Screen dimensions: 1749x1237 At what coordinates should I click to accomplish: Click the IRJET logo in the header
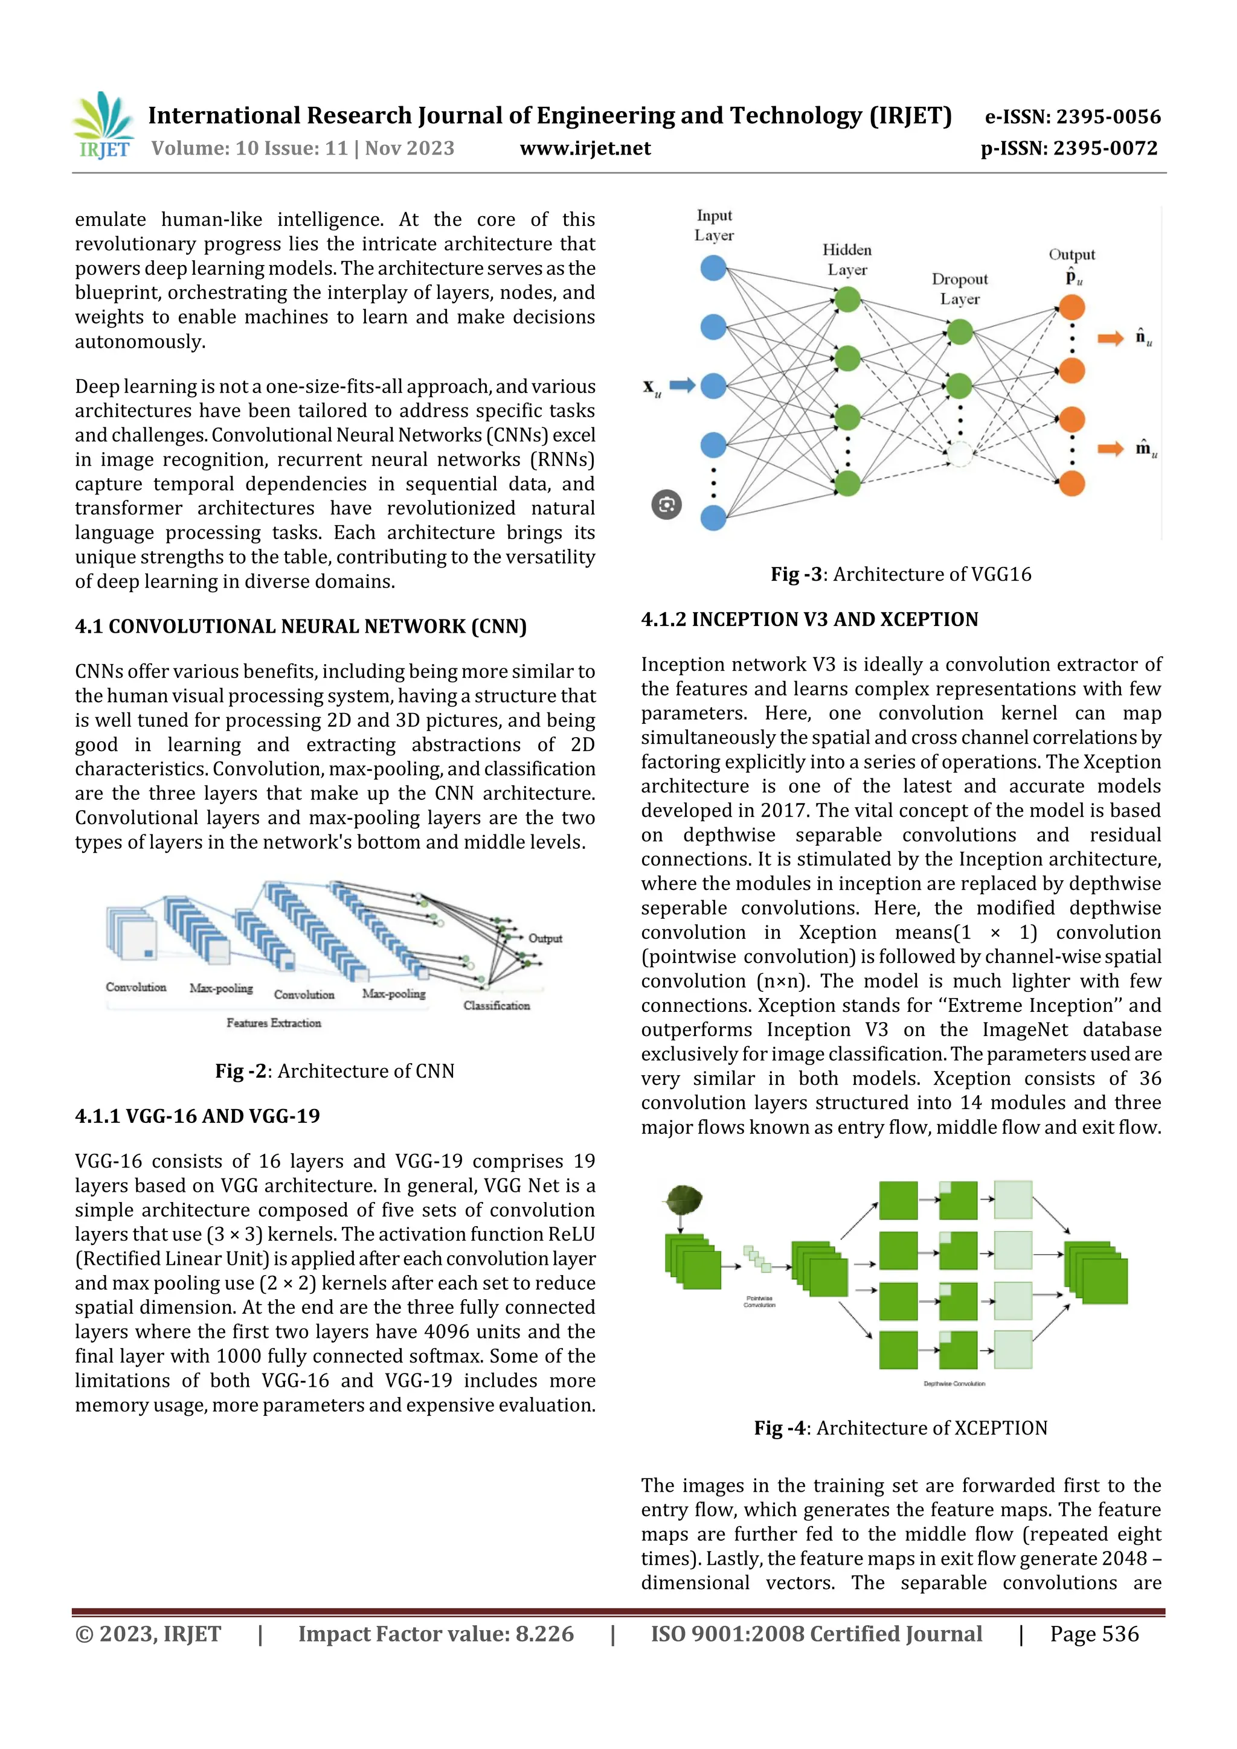coord(104,126)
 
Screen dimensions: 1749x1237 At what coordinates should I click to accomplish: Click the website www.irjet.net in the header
coord(585,148)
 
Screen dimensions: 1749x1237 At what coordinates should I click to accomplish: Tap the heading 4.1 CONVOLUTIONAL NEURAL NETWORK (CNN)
coord(300,626)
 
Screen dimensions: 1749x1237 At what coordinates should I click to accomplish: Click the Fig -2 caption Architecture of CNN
coord(335,1070)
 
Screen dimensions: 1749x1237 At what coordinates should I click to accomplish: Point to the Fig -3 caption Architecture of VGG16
coord(901,574)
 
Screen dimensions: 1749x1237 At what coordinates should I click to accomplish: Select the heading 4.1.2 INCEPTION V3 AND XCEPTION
coord(809,619)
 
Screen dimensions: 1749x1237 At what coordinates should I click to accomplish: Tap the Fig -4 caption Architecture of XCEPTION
coord(901,1428)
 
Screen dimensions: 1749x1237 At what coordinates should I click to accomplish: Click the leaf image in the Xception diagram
coord(684,1201)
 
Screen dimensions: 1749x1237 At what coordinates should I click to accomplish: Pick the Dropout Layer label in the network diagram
coord(960,289)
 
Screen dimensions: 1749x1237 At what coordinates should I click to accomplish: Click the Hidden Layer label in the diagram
coord(847,259)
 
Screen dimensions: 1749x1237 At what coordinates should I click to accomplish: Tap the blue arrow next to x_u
coord(681,385)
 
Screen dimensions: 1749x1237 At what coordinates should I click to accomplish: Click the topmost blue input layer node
coord(713,268)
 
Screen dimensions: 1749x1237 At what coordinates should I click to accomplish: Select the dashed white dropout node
coord(960,454)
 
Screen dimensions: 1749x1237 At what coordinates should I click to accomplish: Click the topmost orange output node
coord(1072,307)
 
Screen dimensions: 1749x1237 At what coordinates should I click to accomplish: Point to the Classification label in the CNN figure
coord(496,1006)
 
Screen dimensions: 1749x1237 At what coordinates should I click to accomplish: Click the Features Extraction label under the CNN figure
coord(274,1023)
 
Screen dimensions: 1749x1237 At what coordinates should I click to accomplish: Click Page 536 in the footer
coord(1094,1633)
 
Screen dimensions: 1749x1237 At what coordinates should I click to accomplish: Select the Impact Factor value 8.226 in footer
coord(436,1633)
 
